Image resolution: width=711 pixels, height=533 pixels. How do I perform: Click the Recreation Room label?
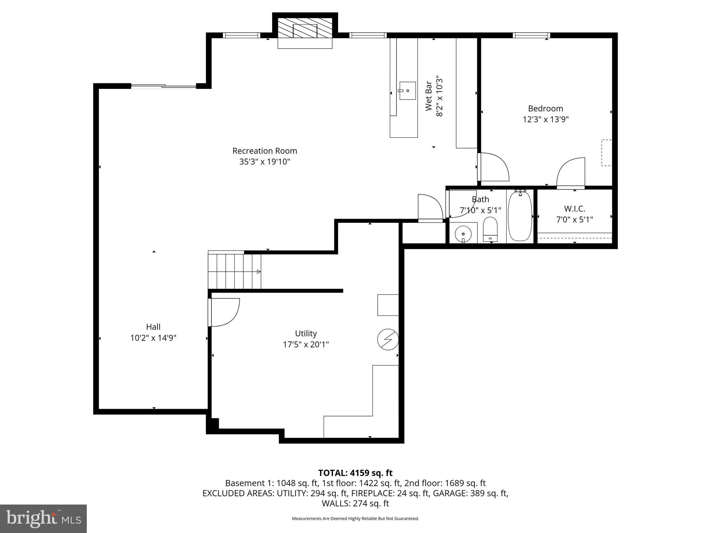pyautogui.click(x=265, y=151)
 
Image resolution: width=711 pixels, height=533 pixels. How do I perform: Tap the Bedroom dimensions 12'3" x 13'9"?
pyautogui.click(x=545, y=120)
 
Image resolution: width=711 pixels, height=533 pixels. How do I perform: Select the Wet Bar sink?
pyautogui.click(x=407, y=91)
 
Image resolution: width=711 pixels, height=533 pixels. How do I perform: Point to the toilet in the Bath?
pyautogui.click(x=490, y=229)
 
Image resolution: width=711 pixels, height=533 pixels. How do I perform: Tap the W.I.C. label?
pyautogui.click(x=574, y=209)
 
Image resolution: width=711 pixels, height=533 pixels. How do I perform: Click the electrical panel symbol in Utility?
pyautogui.click(x=388, y=339)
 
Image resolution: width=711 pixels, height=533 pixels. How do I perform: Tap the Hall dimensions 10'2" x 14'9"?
pyautogui.click(x=153, y=338)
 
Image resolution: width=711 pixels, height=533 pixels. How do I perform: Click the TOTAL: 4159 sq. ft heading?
pyautogui.click(x=355, y=473)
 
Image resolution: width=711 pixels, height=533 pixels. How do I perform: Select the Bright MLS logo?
pyautogui.click(x=43, y=518)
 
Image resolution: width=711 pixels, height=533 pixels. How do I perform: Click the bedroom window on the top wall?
pyautogui.click(x=531, y=35)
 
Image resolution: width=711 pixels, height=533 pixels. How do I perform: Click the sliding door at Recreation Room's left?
pyautogui.click(x=164, y=86)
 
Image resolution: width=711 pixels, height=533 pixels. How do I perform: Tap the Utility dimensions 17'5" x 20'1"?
pyautogui.click(x=306, y=345)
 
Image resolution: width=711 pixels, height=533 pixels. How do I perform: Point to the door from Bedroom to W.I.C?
pyautogui.click(x=571, y=174)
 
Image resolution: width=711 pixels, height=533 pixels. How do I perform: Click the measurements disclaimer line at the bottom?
pyautogui.click(x=355, y=519)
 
